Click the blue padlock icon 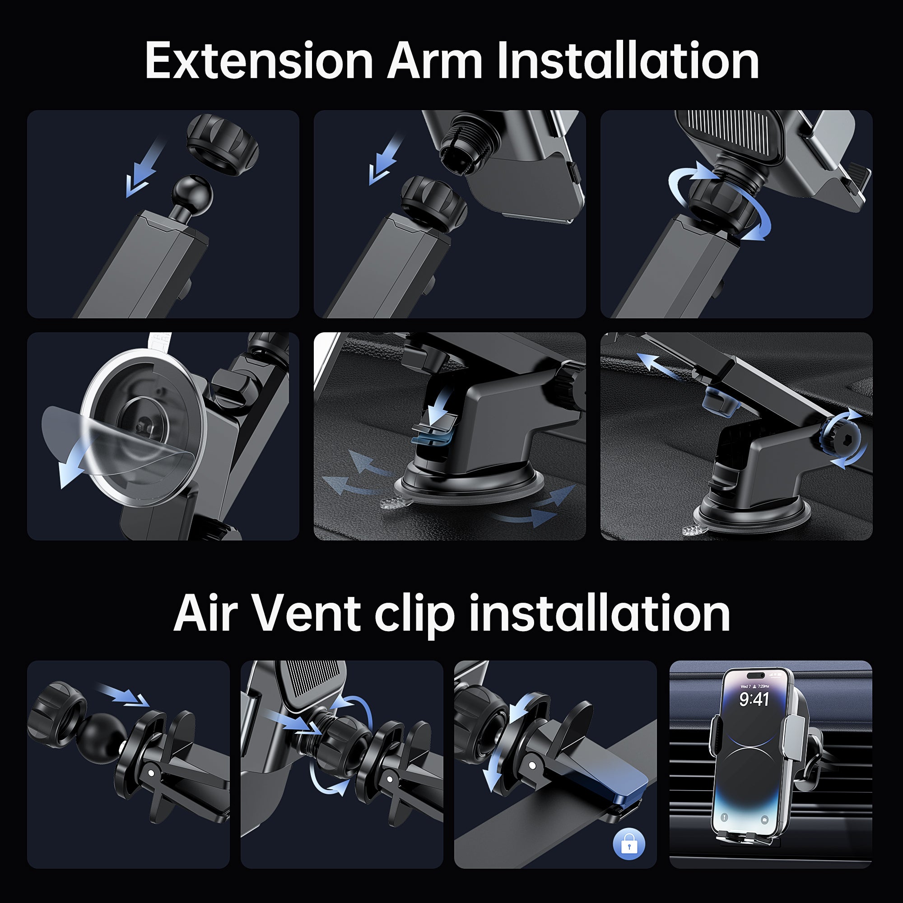pos(628,844)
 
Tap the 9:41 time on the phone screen pos(754,699)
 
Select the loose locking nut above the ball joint pos(223,144)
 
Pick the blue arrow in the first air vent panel pos(122,694)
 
